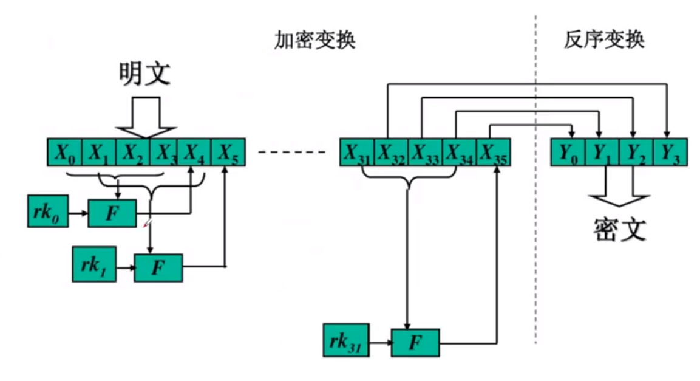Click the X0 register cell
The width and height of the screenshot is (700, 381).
coord(64,152)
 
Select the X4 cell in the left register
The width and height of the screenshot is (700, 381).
coord(193,152)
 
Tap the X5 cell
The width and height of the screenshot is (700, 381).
coord(228,152)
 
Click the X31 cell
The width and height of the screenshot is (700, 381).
coord(356,152)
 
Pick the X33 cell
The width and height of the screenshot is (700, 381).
coord(426,152)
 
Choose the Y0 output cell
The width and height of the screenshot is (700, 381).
coord(567,152)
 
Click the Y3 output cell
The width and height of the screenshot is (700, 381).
coord(670,152)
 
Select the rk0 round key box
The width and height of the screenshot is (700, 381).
coord(47,211)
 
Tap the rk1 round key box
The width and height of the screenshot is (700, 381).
coord(93,264)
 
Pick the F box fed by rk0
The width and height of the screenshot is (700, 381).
coord(112,213)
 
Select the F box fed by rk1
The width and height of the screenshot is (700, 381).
coord(158,266)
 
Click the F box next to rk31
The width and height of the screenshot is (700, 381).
coord(415,342)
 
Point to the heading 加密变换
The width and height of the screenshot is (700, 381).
coord(314,41)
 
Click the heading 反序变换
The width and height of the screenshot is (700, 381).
coord(603,41)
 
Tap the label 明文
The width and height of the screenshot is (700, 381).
coord(144,75)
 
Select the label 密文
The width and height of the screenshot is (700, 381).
coord(619,229)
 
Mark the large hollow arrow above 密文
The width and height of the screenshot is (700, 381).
coord(619,190)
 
